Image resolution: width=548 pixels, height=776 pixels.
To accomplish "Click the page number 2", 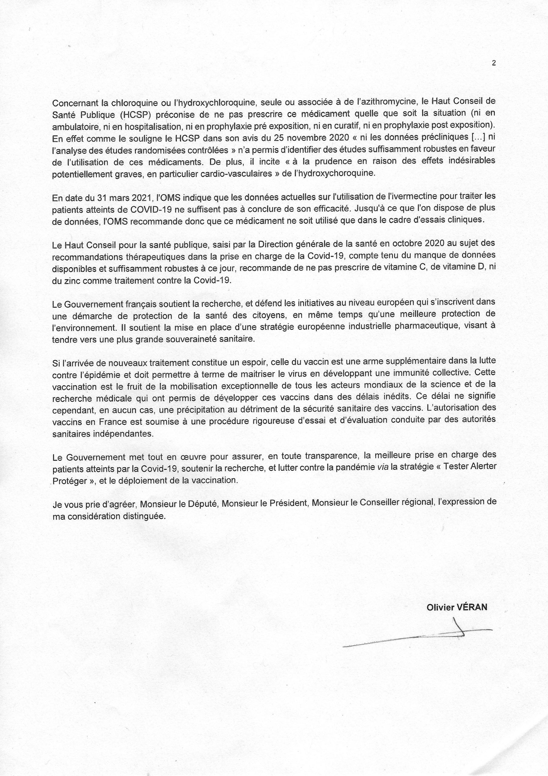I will pyautogui.click(x=494, y=62).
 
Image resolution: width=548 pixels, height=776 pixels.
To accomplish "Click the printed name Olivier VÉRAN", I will pyautogui.click(x=457, y=607).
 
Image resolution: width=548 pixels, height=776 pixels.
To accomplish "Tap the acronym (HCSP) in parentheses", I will pyautogui.click(x=137, y=113).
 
